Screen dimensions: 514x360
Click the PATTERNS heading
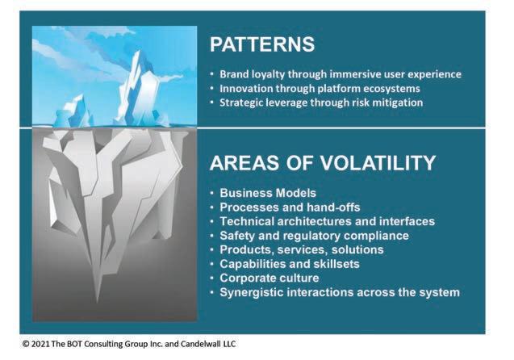pos(262,44)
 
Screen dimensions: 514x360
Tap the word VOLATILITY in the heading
pos(378,162)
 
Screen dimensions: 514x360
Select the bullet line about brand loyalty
pos(341,74)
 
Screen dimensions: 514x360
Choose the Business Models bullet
pos(268,193)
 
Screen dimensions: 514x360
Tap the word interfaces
pos(407,221)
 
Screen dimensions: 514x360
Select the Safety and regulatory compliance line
pos(315,236)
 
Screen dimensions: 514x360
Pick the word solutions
pos(357,250)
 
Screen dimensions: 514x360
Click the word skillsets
pos(336,264)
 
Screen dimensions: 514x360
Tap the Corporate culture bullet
pos(270,278)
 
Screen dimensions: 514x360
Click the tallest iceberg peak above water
pos(137,52)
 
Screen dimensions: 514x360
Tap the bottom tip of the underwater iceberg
pos(97,303)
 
